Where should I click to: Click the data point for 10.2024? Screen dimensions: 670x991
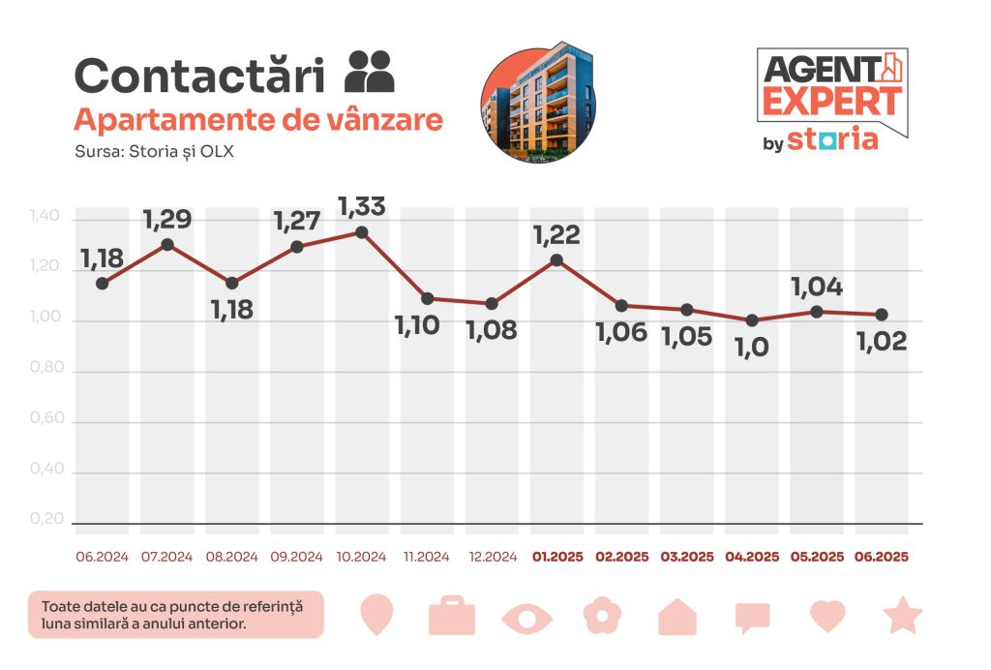362,232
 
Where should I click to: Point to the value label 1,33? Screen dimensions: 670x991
362,205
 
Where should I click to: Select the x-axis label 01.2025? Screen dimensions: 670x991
556,558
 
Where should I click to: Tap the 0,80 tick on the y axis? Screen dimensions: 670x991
46,371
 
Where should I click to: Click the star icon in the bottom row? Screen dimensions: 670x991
902,615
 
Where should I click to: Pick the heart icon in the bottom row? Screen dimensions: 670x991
827,616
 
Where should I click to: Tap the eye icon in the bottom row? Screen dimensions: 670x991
527,617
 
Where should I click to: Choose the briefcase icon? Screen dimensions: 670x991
452,616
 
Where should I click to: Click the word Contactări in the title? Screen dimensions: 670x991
198,76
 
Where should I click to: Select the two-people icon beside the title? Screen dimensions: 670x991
370,71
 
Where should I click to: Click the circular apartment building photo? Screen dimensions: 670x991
538,102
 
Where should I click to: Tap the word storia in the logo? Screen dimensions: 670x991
832,138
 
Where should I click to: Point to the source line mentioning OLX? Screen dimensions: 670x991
154,151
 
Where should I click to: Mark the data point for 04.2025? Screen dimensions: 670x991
752,320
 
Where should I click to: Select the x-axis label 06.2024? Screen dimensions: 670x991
102,558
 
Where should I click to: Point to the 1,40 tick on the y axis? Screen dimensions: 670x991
46,220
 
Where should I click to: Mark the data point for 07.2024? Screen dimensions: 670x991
167,245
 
